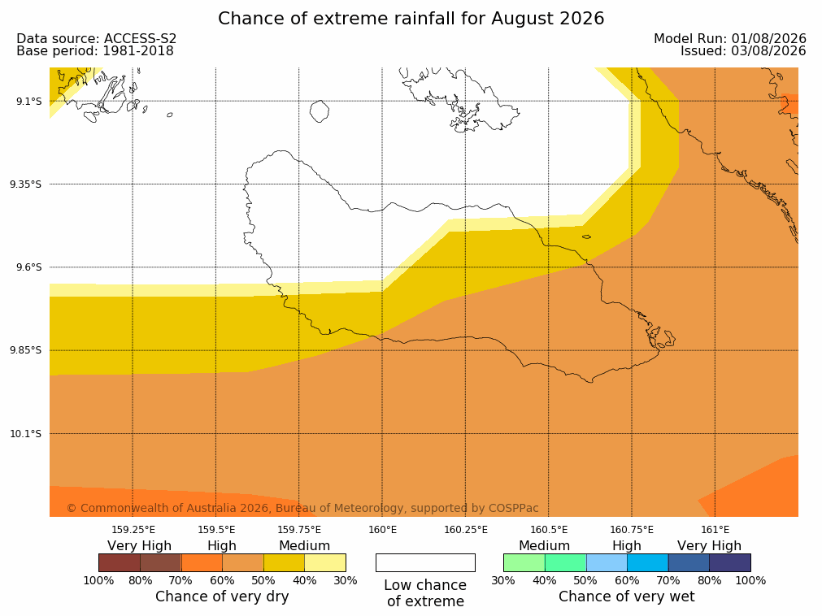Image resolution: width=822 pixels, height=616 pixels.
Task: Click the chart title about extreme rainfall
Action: pos(411,19)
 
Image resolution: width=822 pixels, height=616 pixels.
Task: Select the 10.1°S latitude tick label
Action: pos(26,434)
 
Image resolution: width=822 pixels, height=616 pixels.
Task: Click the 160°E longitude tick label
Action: pos(382,530)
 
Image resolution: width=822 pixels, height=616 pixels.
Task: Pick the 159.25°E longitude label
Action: pos(133,530)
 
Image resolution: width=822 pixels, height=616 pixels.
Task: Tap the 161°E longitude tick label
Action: pos(715,530)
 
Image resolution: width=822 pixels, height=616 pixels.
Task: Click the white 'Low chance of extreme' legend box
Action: pos(425,562)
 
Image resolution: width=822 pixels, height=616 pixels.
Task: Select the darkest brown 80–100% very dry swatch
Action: pos(119,562)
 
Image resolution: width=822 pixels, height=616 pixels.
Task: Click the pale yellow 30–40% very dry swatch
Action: pos(325,562)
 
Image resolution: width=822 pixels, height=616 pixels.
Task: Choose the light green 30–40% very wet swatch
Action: pos(524,562)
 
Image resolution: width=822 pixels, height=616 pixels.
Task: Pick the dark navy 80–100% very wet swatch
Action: pos(730,562)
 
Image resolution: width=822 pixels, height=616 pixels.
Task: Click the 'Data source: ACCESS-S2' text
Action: pos(97,39)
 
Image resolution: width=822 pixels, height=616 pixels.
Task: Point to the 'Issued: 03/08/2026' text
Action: pos(743,51)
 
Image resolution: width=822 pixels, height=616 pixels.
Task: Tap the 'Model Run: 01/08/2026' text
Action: pos(730,39)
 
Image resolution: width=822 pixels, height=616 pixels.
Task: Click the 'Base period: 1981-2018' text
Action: pos(95,51)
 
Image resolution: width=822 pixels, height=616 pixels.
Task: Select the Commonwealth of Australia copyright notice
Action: pos(302,508)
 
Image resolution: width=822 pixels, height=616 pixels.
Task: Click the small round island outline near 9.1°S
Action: pos(320,111)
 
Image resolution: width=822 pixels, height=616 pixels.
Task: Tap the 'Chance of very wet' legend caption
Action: pos(627,596)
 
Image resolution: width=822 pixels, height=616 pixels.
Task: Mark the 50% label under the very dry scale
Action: pos(263,580)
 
